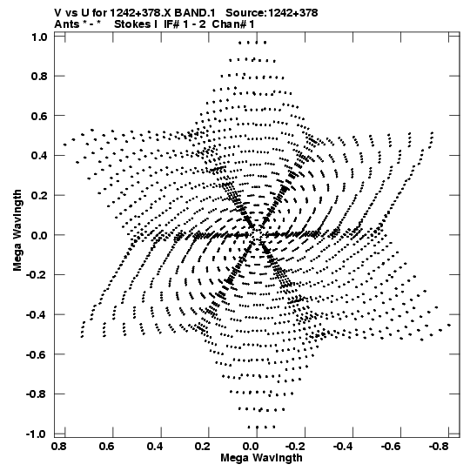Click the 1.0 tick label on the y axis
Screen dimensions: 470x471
[x=39, y=37]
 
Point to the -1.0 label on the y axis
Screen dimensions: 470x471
[x=37, y=434]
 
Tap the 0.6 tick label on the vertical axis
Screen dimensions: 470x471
[x=39, y=116]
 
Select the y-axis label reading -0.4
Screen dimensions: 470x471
[x=37, y=315]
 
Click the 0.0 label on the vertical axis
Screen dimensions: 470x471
[x=39, y=235]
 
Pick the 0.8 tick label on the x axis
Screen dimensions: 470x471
[x=59, y=447]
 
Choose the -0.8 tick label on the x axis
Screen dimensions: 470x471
[x=439, y=447]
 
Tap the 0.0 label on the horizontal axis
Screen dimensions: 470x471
[x=251, y=447]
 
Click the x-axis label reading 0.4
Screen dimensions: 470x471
[x=155, y=447]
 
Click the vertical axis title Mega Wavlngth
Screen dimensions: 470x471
[x=17, y=231]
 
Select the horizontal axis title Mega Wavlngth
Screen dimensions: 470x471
[x=261, y=458]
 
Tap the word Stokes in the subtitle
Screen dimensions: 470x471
[x=132, y=24]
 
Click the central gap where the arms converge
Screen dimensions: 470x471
[x=257, y=235]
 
